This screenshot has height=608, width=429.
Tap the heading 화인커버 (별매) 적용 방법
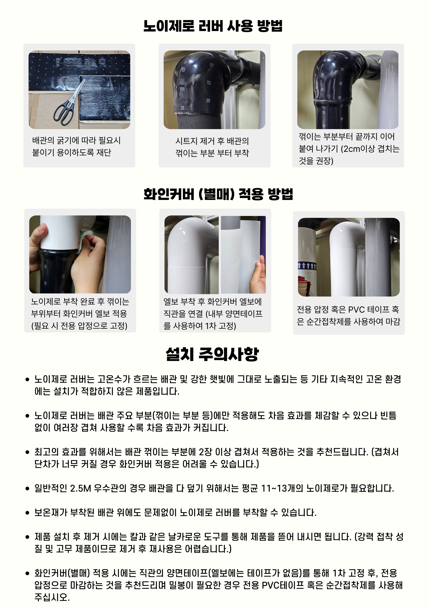point(218,194)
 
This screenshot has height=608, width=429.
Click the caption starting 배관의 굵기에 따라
point(76,146)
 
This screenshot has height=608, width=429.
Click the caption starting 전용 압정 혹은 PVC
point(349,315)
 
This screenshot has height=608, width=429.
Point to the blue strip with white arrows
point(307,266)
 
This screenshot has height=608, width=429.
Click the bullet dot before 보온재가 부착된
point(27,513)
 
